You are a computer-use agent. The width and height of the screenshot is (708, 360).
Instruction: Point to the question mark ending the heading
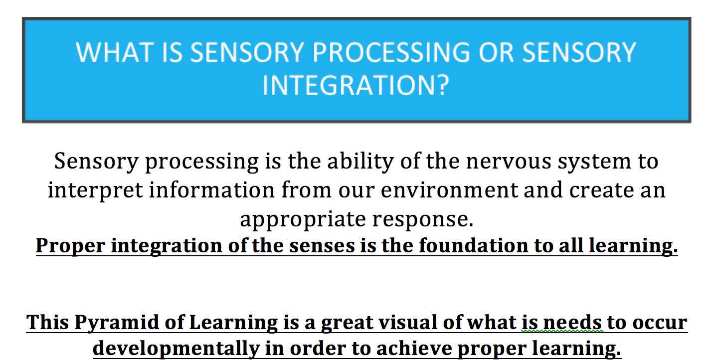(439, 85)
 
